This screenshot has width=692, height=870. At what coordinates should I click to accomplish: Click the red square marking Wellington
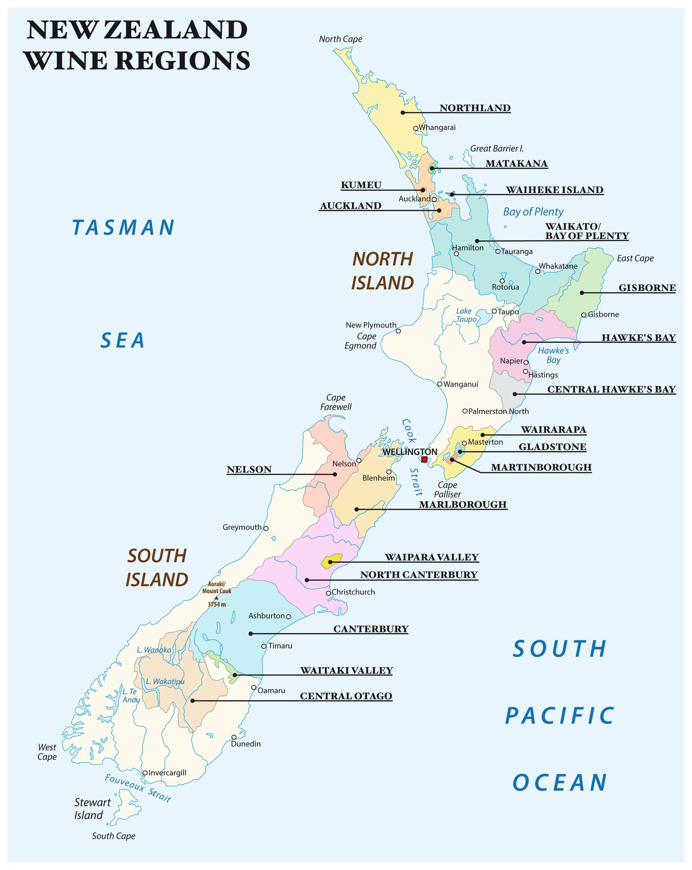pyautogui.click(x=424, y=460)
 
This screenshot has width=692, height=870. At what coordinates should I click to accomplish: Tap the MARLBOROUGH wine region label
pyautogui.click(x=463, y=504)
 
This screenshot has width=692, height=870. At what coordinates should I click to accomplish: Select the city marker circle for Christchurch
pyautogui.click(x=328, y=593)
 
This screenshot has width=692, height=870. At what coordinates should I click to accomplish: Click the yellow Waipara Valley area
pyautogui.click(x=332, y=561)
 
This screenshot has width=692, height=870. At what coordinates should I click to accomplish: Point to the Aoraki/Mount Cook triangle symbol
pyautogui.click(x=217, y=598)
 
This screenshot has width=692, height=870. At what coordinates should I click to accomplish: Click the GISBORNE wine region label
pyautogui.click(x=647, y=288)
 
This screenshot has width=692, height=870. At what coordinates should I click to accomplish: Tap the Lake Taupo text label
pyautogui.click(x=466, y=315)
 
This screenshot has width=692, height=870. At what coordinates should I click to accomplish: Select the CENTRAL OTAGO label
pyautogui.click(x=346, y=696)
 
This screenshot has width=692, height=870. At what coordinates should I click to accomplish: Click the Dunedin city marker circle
pyautogui.click(x=234, y=737)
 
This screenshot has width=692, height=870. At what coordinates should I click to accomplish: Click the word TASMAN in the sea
pyautogui.click(x=124, y=227)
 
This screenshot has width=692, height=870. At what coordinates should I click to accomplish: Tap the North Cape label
pyautogui.click(x=340, y=39)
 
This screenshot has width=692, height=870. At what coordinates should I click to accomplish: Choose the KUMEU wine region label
pyautogui.click(x=361, y=185)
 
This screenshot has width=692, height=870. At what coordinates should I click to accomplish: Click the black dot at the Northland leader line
pyautogui.click(x=403, y=112)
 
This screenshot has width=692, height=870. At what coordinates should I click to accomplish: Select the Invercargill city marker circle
pyautogui.click(x=145, y=773)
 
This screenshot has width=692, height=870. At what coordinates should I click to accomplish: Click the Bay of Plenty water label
pyautogui.click(x=533, y=211)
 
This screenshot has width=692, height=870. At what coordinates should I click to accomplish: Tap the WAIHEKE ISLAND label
pyautogui.click(x=554, y=190)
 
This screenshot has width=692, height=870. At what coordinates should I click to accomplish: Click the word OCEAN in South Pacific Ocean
pyautogui.click(x=560, y=782)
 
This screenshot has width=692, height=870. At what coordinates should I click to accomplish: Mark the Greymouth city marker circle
pyautogui.click(x=265, y=528)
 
